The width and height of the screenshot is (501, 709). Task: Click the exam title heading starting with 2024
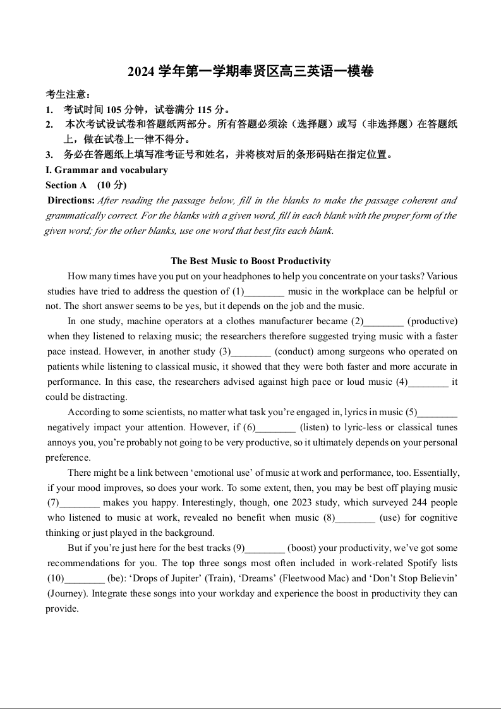point(250,72)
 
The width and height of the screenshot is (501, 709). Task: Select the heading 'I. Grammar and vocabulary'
point(107,170)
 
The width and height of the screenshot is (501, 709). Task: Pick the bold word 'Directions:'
point(71,200)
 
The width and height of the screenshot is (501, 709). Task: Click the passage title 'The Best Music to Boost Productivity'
point(251,261)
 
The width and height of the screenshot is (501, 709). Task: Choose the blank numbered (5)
point(437,413)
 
